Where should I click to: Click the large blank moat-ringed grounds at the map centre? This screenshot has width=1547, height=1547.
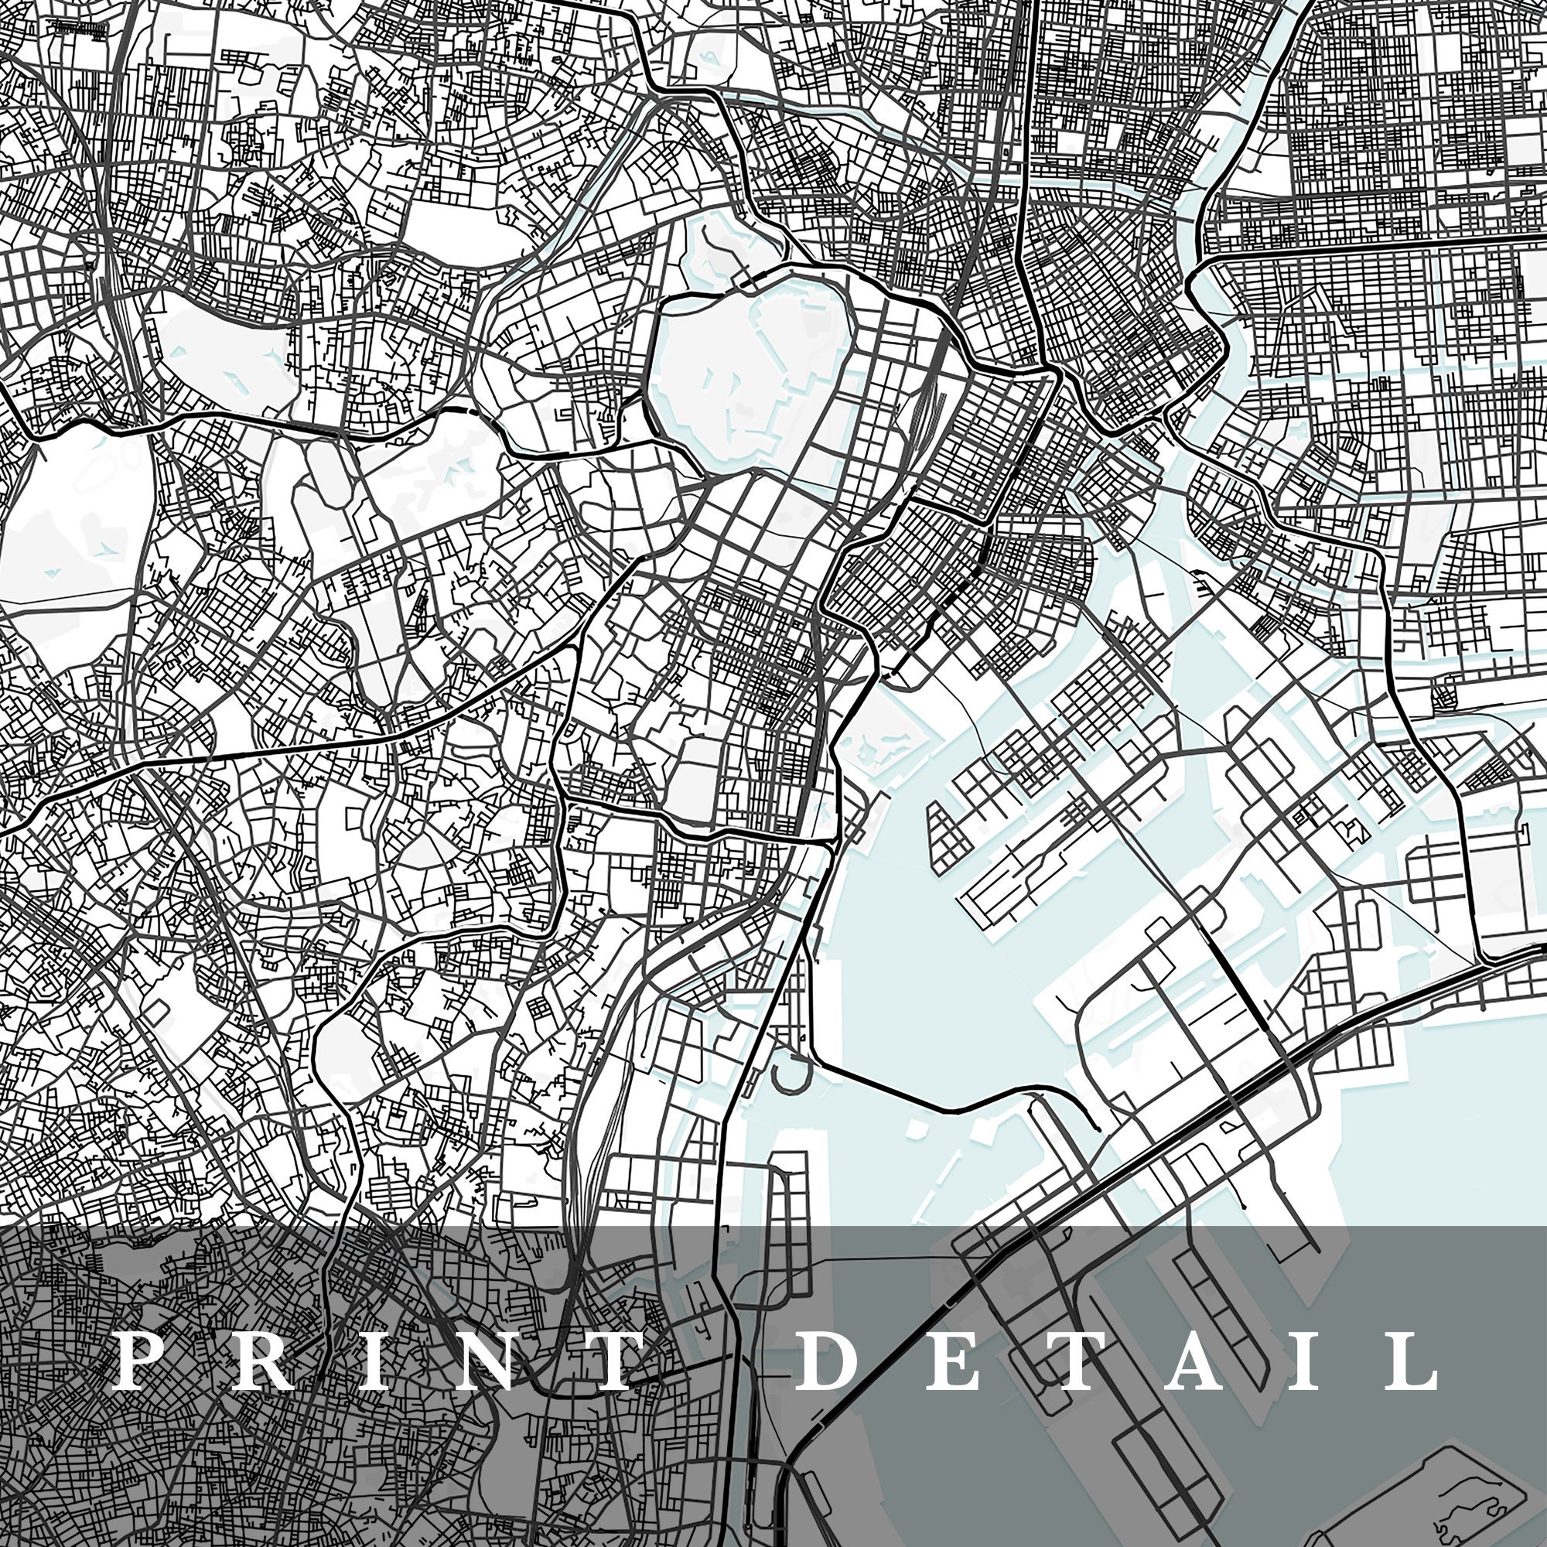tap(749, 352)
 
